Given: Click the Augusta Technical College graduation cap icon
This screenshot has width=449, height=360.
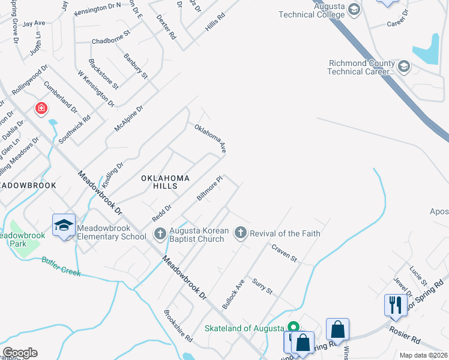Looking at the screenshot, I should (x=354, y=8).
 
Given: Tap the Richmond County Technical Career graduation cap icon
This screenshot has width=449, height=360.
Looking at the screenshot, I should (x=403, y=67).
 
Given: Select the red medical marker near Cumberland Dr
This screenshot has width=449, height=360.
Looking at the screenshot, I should (x=41, y=109).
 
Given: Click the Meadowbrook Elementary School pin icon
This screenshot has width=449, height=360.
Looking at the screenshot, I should (x=64, y=225).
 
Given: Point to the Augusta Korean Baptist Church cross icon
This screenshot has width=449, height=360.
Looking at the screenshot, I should (x=160, y=233).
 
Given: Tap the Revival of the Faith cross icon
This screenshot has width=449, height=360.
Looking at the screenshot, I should (x=241, y=233).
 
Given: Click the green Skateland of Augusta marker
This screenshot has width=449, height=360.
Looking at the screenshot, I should (x=293, y=327).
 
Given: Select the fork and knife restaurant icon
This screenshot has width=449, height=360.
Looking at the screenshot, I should (x=394, y=304).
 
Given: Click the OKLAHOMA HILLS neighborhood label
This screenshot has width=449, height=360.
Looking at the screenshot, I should (x=166, y=182).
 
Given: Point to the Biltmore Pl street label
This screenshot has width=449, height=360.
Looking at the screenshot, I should (x=210, y=188).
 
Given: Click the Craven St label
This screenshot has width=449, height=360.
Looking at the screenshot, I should (x=284, y=253).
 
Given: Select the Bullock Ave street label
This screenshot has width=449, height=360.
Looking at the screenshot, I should (x=234, y=294).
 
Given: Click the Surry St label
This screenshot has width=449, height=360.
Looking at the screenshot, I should (x=262, y=286).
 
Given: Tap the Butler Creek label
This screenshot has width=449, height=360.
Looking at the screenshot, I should (x=61, y=267).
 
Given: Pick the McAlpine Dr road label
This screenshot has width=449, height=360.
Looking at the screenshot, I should (x=129, y=119).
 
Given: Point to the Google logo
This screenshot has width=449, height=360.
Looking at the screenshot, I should (x=20, y=353).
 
